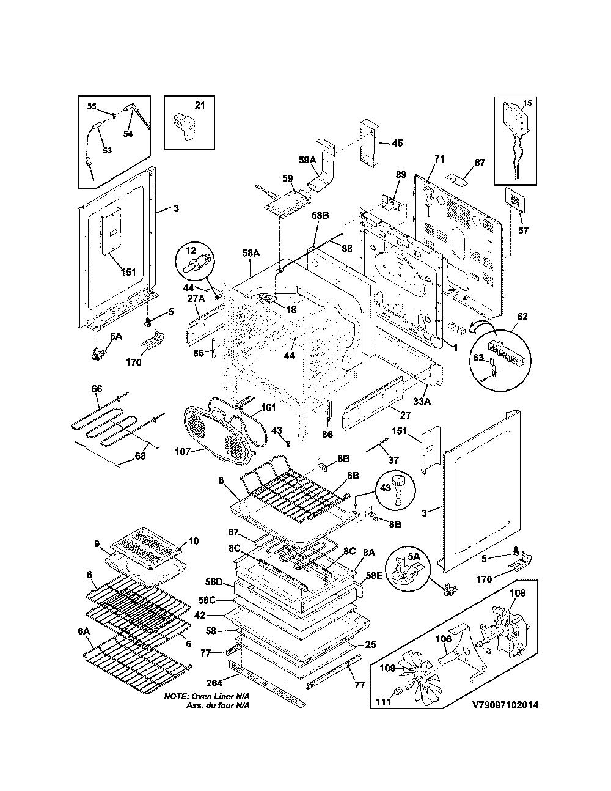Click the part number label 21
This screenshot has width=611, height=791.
200,105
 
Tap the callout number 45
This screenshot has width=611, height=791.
398,143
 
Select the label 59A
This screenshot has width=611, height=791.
308,160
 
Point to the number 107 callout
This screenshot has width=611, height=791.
183,451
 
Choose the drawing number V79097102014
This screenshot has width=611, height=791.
505,705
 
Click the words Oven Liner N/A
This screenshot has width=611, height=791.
221,696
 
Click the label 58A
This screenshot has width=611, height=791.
251,252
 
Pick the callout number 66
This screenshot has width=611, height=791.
97,389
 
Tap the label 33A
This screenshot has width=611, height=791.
422,402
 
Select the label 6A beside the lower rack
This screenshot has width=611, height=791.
84,631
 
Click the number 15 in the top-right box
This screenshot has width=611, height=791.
527,103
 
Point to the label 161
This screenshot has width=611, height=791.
268,408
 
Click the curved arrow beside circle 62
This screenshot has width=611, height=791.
483,326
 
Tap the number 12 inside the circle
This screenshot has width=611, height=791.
191,251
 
